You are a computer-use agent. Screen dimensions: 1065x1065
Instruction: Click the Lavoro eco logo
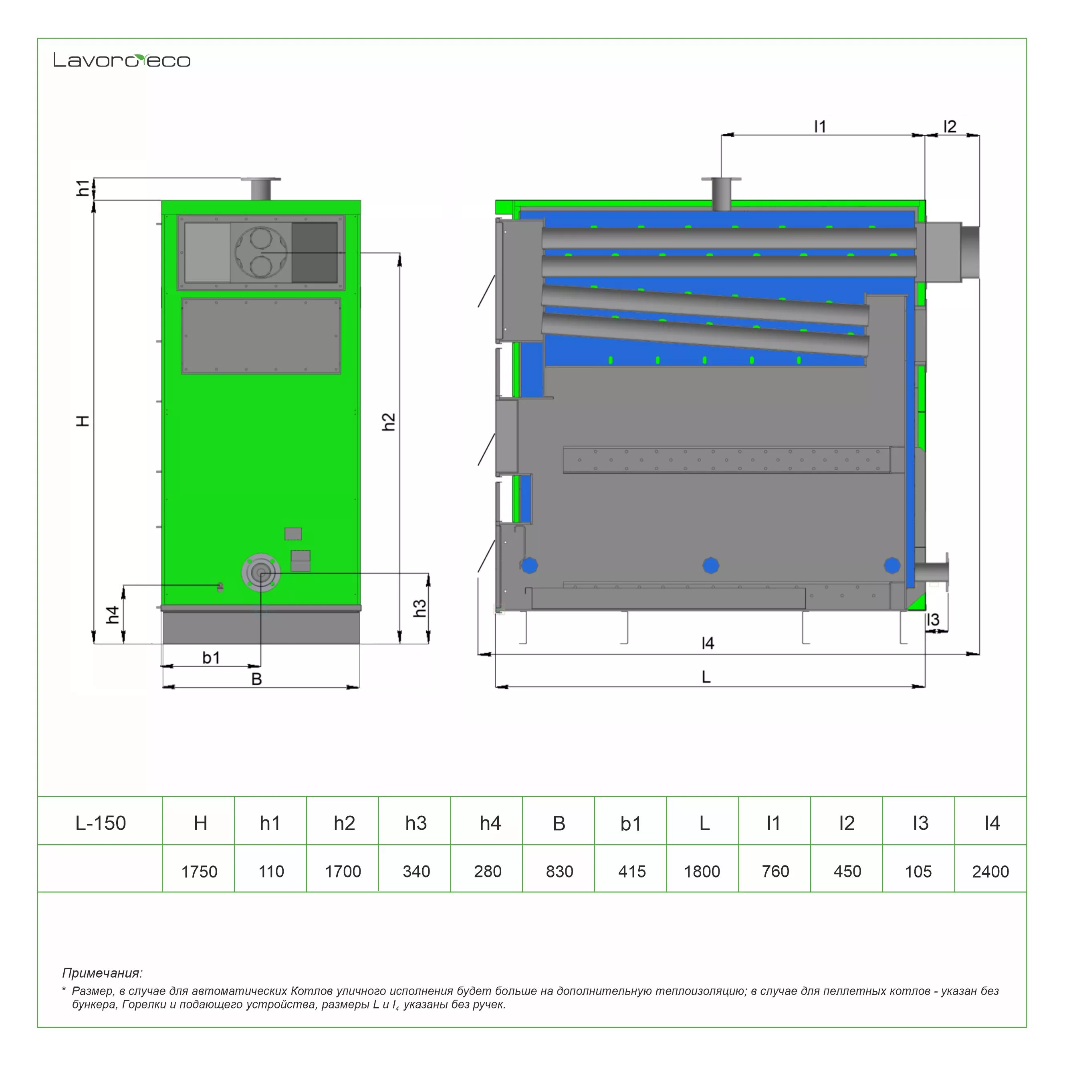[122, 60]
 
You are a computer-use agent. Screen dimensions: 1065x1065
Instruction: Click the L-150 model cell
[100, 823]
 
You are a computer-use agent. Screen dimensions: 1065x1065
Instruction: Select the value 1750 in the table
[199, 871]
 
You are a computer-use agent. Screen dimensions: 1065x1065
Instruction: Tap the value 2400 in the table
[990, 871]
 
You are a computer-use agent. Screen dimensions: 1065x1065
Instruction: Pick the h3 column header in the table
[416, 823]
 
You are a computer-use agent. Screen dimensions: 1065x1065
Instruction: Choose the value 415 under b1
[632, 871]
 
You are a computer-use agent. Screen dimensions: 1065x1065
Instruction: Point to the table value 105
[918, 871]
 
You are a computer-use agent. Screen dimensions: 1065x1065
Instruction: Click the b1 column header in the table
[631, 823]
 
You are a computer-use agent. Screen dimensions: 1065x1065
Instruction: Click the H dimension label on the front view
[82, 421]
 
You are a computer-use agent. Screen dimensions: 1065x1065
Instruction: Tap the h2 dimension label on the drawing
[389, 422]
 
